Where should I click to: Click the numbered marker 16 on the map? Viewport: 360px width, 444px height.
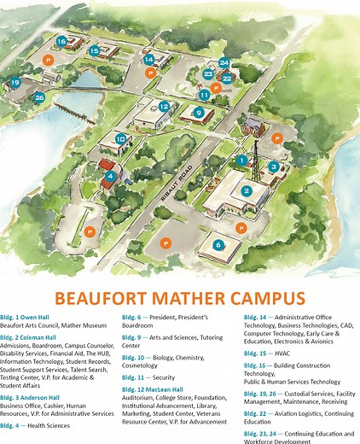pyautogui.click(x=61, y=41)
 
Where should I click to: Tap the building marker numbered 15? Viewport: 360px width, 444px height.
pyautogui.click(x=93, y=51)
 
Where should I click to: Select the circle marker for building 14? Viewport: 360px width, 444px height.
pyautogui.click(x=148, y=60)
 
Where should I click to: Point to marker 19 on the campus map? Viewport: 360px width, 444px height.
pyautogui.click(x=15, y=83)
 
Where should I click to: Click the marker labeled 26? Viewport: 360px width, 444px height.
pyautogui.click(x=39, y=97)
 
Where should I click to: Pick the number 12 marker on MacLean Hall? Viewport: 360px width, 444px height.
pyautogui.click(x=164, y=107)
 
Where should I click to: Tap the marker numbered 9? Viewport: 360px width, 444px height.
pyautogui.click(x=198, y=113)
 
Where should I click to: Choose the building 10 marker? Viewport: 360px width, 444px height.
pyautogui.click(x=121, y=138)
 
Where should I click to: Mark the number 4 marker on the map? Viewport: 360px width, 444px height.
pyautogui.click(x=110, y=177)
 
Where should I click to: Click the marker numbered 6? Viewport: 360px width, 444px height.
pyautogui.click(x=218, y=244)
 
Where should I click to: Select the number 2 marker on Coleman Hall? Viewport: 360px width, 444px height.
pyautogui.click(x=247, y=190)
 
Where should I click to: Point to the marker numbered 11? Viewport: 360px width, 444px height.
pyautogui.click(x=204, y=96)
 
